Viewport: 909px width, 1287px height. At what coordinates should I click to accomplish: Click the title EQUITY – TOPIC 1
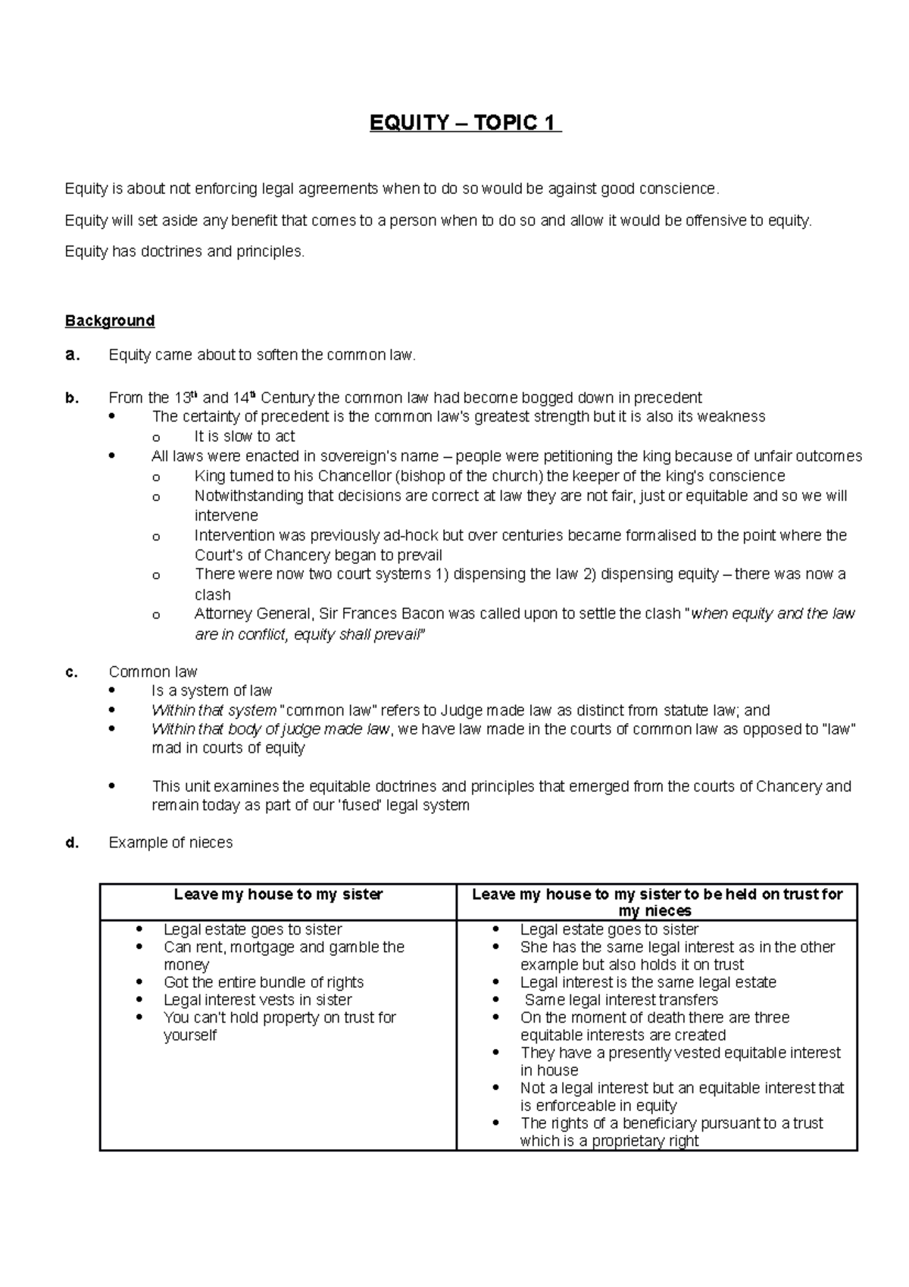coord(465,123)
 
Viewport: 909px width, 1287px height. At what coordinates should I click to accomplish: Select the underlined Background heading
coord(110,321)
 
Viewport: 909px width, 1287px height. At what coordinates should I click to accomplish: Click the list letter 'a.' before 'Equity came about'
coord(72,355)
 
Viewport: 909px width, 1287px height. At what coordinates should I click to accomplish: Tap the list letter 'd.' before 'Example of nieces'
coord(73,843)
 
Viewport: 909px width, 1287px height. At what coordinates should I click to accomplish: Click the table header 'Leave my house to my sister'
coord(278,894)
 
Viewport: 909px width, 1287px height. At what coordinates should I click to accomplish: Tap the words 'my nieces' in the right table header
coord(655,911)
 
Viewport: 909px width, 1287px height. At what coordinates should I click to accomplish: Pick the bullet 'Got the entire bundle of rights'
coord(264,982)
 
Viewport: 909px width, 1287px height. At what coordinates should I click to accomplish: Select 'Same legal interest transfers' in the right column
coord(621,1000)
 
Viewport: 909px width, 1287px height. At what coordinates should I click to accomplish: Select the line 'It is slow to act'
coord(245,437)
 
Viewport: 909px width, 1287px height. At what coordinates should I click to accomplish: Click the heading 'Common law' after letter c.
coord(153,672)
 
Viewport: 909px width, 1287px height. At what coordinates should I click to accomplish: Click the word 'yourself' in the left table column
coord(190,1035)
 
